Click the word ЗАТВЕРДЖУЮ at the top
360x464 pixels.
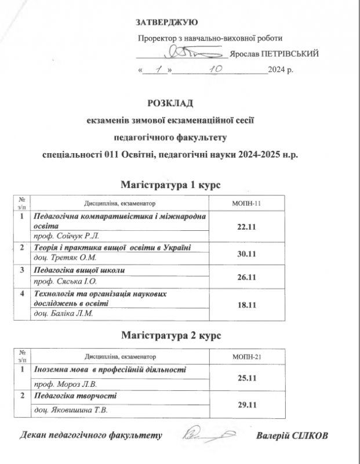pos(167,23)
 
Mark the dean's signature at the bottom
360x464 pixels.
pos(209,433)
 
